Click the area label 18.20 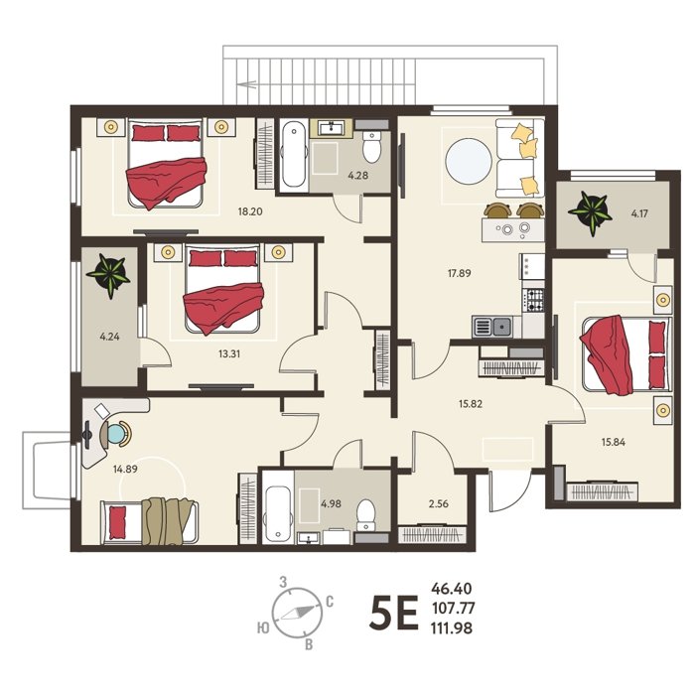coord(250,211)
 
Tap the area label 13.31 coord(229,353)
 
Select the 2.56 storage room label coord(439,504)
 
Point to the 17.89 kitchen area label coord(459,273)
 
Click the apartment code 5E coord(393,614)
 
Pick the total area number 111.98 coord(452,628)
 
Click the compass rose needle coord(296,613)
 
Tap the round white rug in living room coord(469,161)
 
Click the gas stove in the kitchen coord(533,299)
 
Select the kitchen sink coord(492,327)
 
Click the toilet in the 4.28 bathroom coord(371,146)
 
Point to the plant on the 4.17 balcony coord(590,212)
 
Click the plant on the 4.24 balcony coord(108,274)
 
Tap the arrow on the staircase coord(247,82)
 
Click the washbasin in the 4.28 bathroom coord(331,128)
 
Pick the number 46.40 coord(452,589)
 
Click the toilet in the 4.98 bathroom coord(366,515)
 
